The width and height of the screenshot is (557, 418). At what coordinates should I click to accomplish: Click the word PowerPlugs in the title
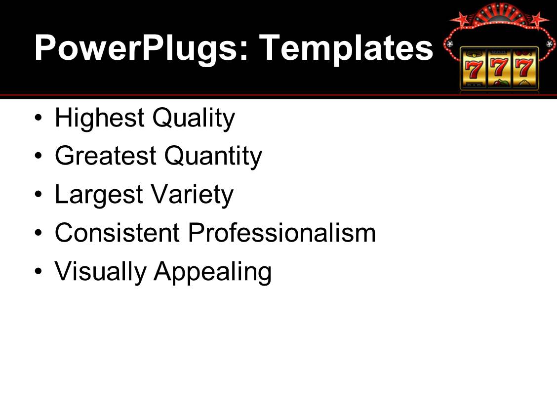pos(141,49)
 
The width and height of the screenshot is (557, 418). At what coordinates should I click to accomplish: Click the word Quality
pos(194,119)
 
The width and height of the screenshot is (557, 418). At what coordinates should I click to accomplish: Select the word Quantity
pos(213,157)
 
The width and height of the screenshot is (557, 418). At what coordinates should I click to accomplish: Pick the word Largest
pos(99,195)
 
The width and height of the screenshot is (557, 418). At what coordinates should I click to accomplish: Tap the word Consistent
pos(117,233)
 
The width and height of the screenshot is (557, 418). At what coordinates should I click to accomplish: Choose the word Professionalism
pos(281,233)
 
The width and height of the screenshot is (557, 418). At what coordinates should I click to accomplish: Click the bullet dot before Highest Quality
pos(39,118)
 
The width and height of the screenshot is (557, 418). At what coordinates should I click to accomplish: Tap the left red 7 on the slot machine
pos(473,69)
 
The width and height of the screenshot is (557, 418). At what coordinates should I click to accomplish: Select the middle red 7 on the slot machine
pos(498,68)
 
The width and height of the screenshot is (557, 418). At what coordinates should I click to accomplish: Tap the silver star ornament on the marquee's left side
pos(450,44)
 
